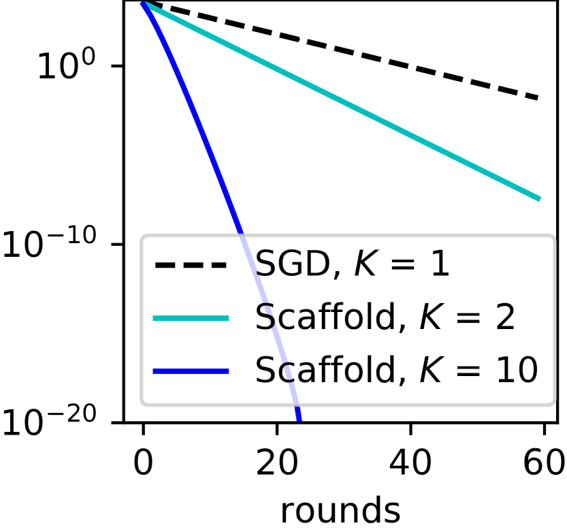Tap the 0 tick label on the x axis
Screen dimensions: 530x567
pos(143,465)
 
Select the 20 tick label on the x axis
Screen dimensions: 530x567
pos(276,465)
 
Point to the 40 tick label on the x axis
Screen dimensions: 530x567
pos(410,465)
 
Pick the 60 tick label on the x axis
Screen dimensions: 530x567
pos(542,465)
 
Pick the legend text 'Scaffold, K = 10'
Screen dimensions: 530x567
pos(397,370)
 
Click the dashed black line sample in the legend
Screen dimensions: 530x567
pos(191,265)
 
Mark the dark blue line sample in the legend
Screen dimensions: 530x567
pos(191,371)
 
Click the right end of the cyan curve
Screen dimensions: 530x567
pos(538,199)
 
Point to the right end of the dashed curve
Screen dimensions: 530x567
pos(538,98)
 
